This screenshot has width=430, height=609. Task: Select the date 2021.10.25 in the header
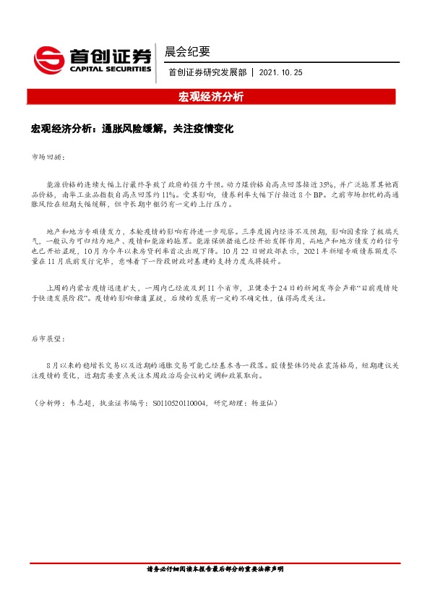click(x=281, y=73)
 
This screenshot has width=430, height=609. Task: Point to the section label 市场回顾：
click(x=48, y=156)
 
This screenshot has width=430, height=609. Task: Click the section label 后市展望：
click(x=48, y=338)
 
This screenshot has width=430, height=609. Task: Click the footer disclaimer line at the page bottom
click(x=215, y=570)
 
